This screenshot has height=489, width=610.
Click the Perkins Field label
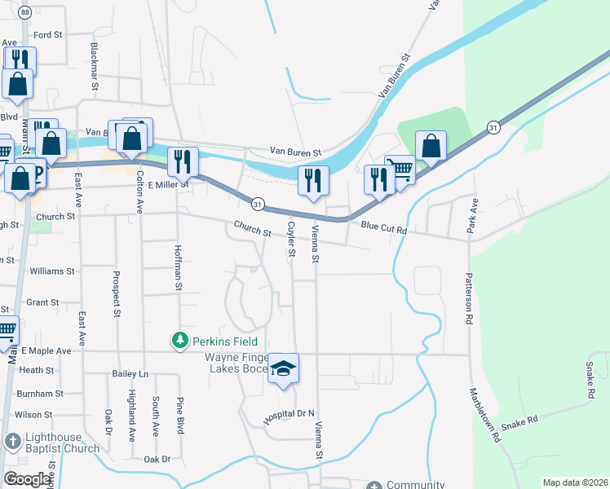[x=225, y=341]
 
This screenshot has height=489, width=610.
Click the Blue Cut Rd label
[x=383, y=229]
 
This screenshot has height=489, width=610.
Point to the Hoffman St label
[x=177, y=266]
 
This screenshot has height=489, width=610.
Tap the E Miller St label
[x=168, y=184]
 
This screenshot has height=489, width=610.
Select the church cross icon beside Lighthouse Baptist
[x=11, y=442]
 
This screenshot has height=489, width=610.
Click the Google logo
[x=27, y=479]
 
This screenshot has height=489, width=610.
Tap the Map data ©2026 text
[x=575, y=482]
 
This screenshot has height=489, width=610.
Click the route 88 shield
[x=26, y=12]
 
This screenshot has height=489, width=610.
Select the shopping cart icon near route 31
[x=400, y=170]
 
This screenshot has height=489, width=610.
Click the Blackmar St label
[x=95, y=66]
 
